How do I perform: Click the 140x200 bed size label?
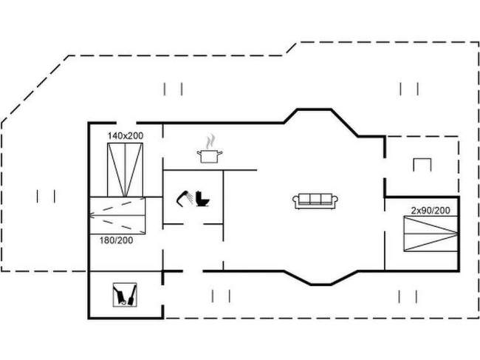125,136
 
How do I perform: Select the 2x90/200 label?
431,211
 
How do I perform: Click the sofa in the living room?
316,200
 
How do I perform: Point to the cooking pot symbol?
210,155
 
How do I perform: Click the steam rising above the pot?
211,140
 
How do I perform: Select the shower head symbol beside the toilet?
183,198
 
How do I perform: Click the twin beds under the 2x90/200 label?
430,236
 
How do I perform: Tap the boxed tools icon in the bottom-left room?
125,295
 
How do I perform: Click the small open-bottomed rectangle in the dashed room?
422,163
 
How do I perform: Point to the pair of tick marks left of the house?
46,196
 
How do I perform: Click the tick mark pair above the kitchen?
174,89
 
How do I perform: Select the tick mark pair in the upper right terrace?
409,89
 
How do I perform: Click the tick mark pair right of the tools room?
221,296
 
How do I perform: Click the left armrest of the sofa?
296,200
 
